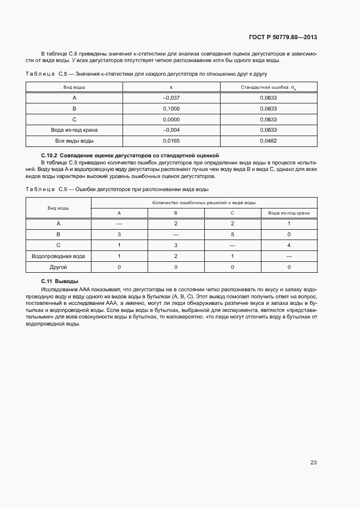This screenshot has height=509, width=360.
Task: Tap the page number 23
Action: pyautogui.click(x=313, y=462)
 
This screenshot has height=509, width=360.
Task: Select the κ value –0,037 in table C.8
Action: pyautogui.click(x=171, y=98)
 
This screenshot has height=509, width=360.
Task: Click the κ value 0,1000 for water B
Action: pyautogui.click(x=171, y=109)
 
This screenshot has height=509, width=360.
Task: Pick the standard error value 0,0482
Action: pyautogui.click(x=269, y=141)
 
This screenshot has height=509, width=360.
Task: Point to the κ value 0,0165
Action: pyautogui.click(x=171, y=141)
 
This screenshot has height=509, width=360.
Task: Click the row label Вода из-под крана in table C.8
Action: pyautogui.click(x=74, y=130)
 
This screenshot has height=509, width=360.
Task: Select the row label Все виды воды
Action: pyautogui.click(x=74, y=141)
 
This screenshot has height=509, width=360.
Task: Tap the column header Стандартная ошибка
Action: pyautogui.click(x=269, y=87)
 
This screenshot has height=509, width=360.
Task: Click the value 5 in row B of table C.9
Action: pyautogui.click(x=232, y=234)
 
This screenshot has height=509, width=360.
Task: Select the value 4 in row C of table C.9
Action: pyautogui.click(x=289, y=245)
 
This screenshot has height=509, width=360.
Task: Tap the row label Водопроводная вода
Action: pyautogui.click(x=58, y=256)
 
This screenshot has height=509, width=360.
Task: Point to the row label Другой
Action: pyautogui.click(x=58, y=267)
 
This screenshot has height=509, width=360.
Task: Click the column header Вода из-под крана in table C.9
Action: pyautogui.click(x=289, y=213)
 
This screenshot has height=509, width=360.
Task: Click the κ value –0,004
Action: pyautogui.click(x=171, y=130)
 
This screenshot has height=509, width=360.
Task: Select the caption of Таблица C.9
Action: pyautogui.click(x=117, y=188)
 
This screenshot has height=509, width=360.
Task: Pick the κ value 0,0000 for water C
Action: pyautogui.click(x=171, y=119)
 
